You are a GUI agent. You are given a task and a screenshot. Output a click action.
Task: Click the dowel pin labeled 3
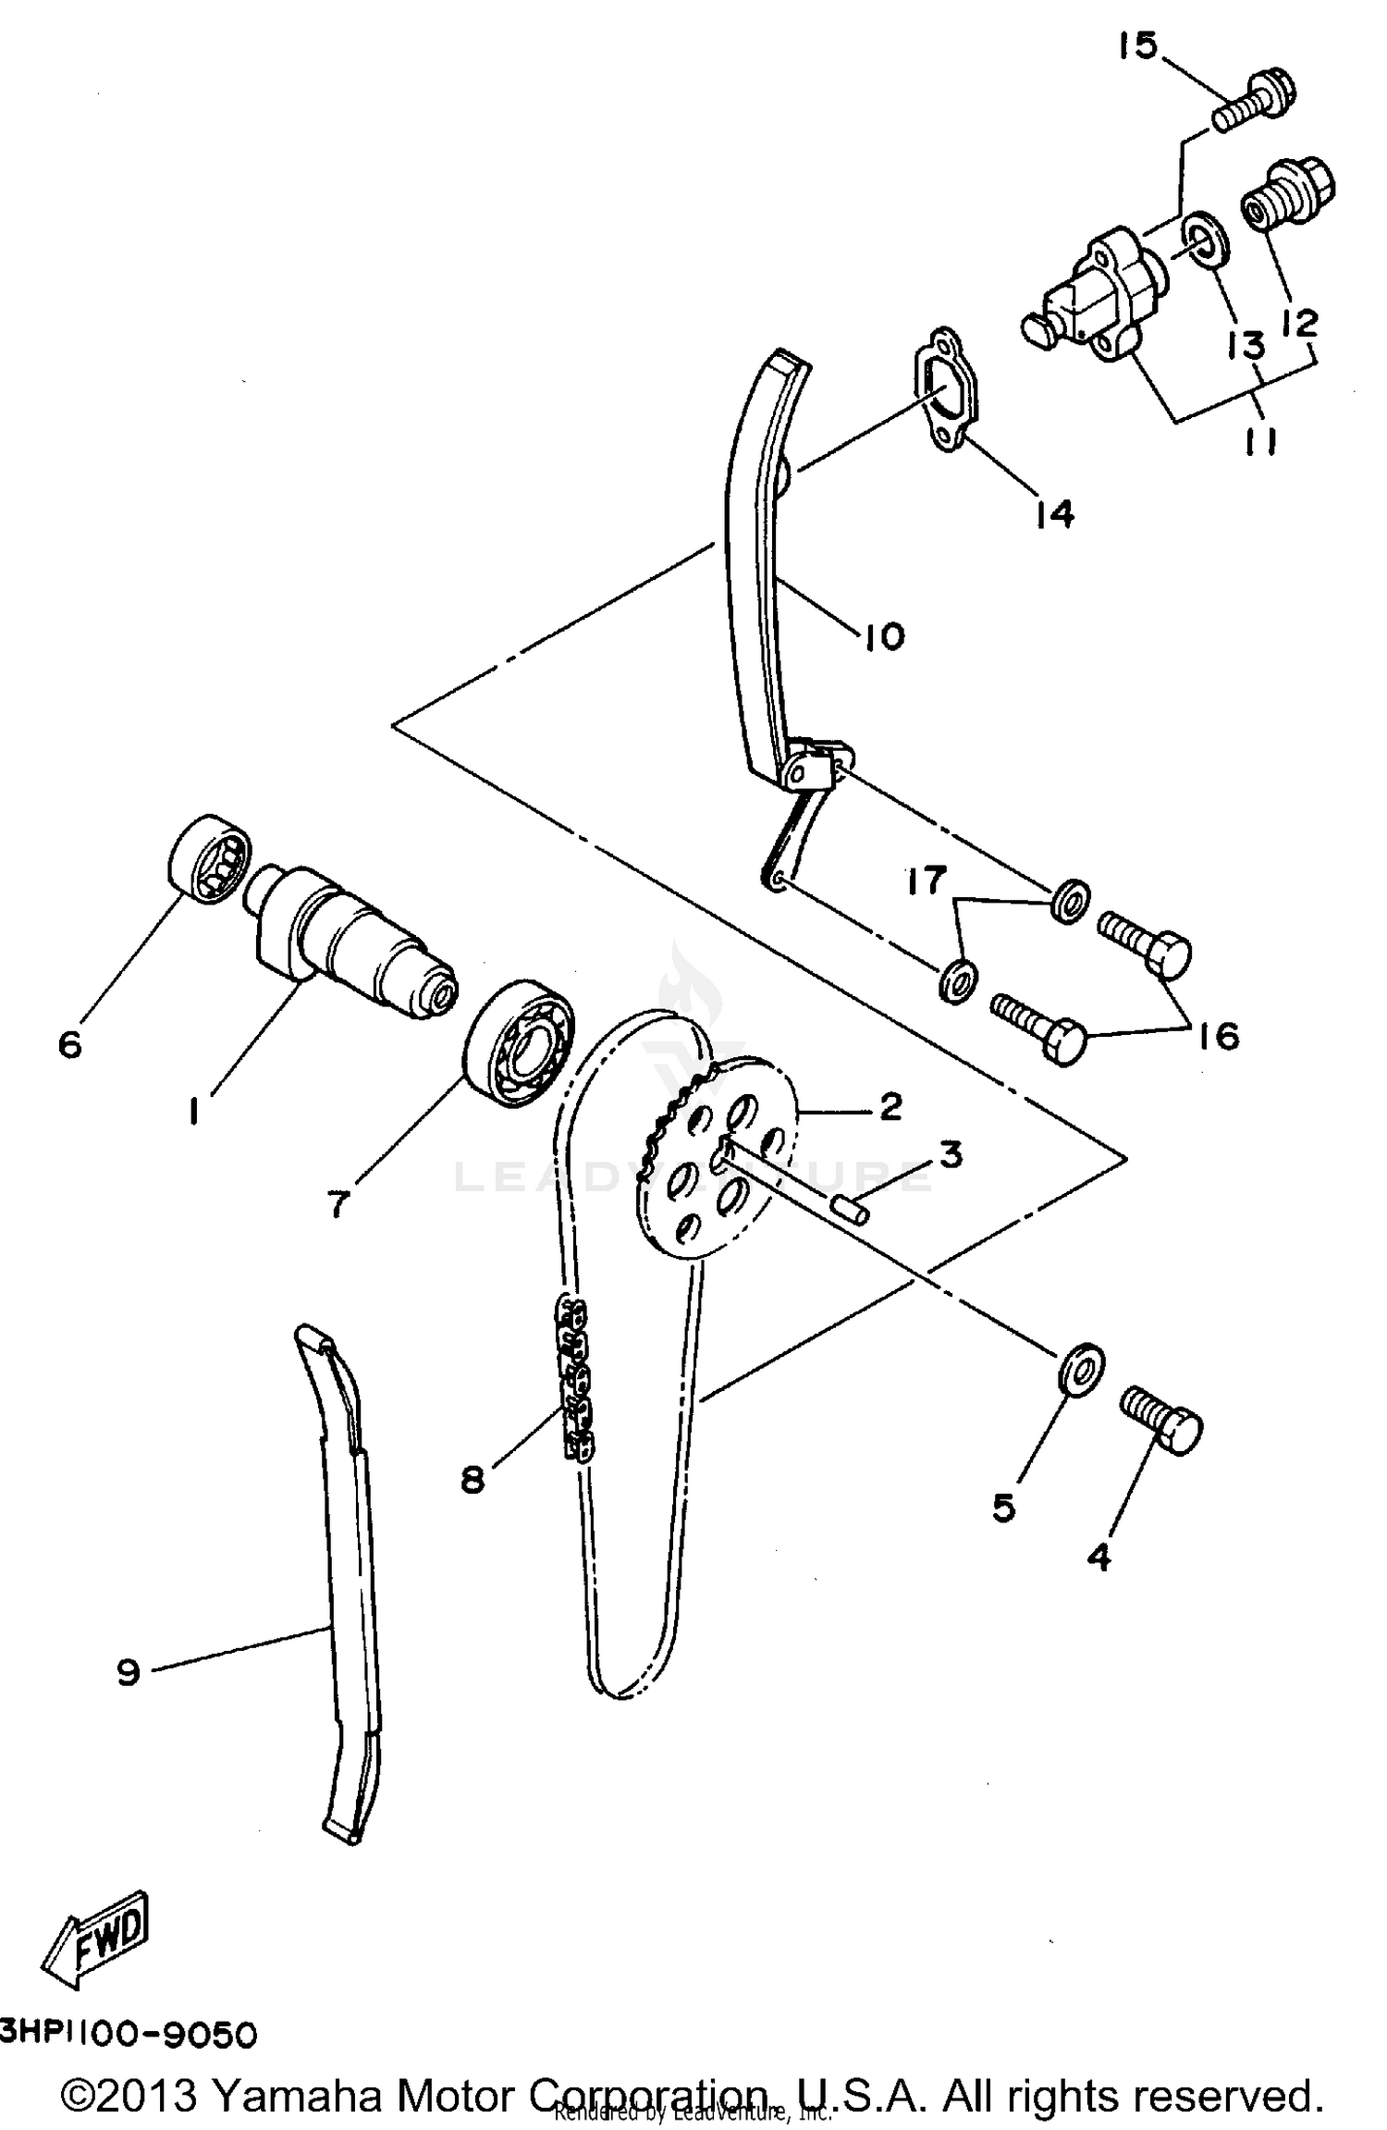(x=851, y=1208)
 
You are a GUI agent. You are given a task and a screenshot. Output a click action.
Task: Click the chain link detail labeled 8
(x=572, y=1381)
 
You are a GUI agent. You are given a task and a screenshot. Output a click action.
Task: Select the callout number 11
(x=1258, y=443)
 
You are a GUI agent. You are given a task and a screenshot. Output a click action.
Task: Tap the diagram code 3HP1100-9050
(x=128, y=2035)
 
